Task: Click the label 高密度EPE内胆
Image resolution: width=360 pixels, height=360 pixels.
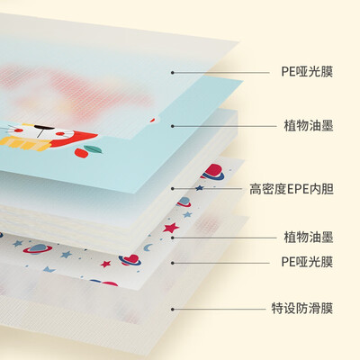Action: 292,189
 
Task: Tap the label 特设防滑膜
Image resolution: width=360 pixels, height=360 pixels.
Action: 302,309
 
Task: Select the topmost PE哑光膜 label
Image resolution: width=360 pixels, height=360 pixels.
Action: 307,72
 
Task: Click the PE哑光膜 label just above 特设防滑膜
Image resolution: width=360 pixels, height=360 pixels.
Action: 307,262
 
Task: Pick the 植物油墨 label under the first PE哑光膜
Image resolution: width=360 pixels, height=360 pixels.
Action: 309,125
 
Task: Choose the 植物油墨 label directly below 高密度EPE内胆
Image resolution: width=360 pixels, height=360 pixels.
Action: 309,238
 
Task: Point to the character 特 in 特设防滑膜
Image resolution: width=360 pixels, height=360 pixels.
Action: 277,309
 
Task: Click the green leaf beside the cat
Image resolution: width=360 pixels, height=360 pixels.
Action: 93,149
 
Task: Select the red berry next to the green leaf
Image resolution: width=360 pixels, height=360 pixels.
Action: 80,152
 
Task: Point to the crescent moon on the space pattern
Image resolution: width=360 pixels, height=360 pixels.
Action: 148,247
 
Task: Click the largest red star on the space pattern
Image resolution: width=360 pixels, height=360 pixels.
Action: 171,228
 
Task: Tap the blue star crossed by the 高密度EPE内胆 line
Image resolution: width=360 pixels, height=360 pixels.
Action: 200,188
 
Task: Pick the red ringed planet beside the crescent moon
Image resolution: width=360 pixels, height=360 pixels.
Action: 130,260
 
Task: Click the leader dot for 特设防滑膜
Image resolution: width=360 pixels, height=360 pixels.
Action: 173,309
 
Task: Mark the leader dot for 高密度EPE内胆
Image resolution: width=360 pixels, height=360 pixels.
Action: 173,189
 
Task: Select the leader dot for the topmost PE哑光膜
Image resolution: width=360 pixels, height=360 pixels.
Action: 173,72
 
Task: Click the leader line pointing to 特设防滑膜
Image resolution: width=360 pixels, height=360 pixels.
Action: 219,309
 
